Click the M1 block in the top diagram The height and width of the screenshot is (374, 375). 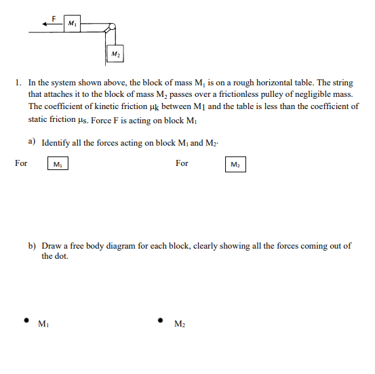pyautogui.click(x=71, y=24)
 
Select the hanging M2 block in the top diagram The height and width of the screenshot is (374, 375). pyautogui.click(x=115, y=53)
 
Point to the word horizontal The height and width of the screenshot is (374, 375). pyautogui.click(x=277, y=83)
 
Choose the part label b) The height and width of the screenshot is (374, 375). pyautogui.click(x=32, y=246)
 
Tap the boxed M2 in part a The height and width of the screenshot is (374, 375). pyautogui.click(x=235, y=165)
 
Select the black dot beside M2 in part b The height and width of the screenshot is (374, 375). pyautogui.click(x=160, y=320)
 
